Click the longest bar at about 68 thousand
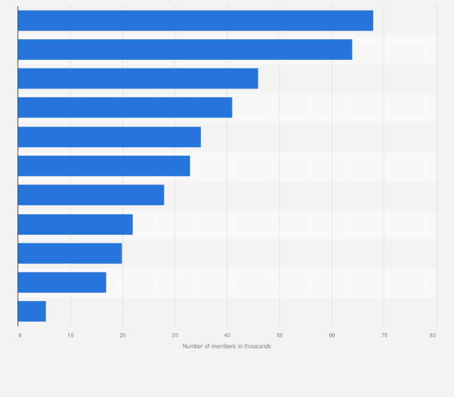click(195, 20)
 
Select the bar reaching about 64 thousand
click(185, 49)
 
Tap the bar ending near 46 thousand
click(138, 78)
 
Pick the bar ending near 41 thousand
click(125, 107)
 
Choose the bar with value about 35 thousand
click(109, 137)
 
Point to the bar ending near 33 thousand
click(104, 166)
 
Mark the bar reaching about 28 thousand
click(91, 195)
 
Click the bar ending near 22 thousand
click(75, 224)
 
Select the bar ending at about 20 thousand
click(70, 253)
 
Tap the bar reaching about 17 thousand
click(62, 282)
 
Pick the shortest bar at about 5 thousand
click(32, 311)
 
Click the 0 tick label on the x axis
click(19, 335)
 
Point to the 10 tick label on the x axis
click(70, 335)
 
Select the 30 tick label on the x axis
click(175, 335)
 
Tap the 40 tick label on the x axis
click(227, 335)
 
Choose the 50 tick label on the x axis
click(279, 335)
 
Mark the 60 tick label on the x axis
click(332, 335)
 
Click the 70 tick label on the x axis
click(384, 335)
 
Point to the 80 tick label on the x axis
click(433, 335)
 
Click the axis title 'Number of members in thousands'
click(226, 346)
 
